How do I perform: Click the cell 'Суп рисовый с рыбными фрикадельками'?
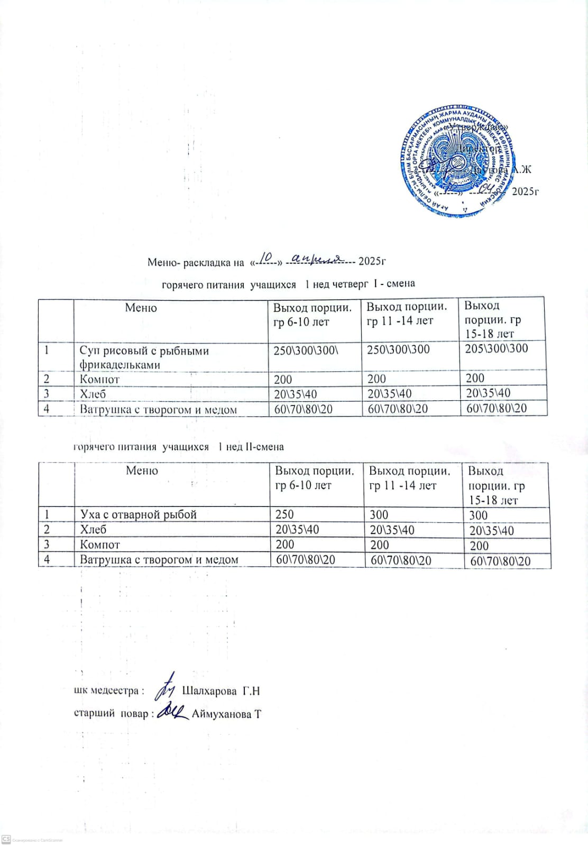pyautogui.click(x=144, y=357)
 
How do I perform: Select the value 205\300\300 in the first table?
pyautogui.click(x=496, y=348)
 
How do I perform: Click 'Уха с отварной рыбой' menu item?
pyautogui.click(x=138, y=514)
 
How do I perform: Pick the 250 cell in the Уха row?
pyautogui.click(x=284, y=514)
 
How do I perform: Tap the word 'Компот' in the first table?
pyautogui.click(x=99, y=379)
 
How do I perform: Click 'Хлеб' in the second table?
pyautogui.click(x=93, y=529)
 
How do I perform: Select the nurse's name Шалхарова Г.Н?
pyautogui.click(x=221, y=691)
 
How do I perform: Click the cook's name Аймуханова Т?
pyautogui.click(x=226, y=714)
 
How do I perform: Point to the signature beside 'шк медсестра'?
pyautogui.click(x=167, y=686)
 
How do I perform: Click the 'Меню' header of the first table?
pyautogui.click(x=141, y=308)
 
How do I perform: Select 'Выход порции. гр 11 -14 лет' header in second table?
pyautogui.click(x=409, y=478)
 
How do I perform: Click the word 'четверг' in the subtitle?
pyautogui.click(x=351, y=284)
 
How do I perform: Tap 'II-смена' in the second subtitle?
pyautogui.click(x=264, y=447)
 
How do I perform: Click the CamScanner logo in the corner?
pyautogui.click(x=6, y=839)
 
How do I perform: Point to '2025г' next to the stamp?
pyautogui.click(x=525, y=191)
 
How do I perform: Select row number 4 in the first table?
pyautogui.click(x=47, y=409)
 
